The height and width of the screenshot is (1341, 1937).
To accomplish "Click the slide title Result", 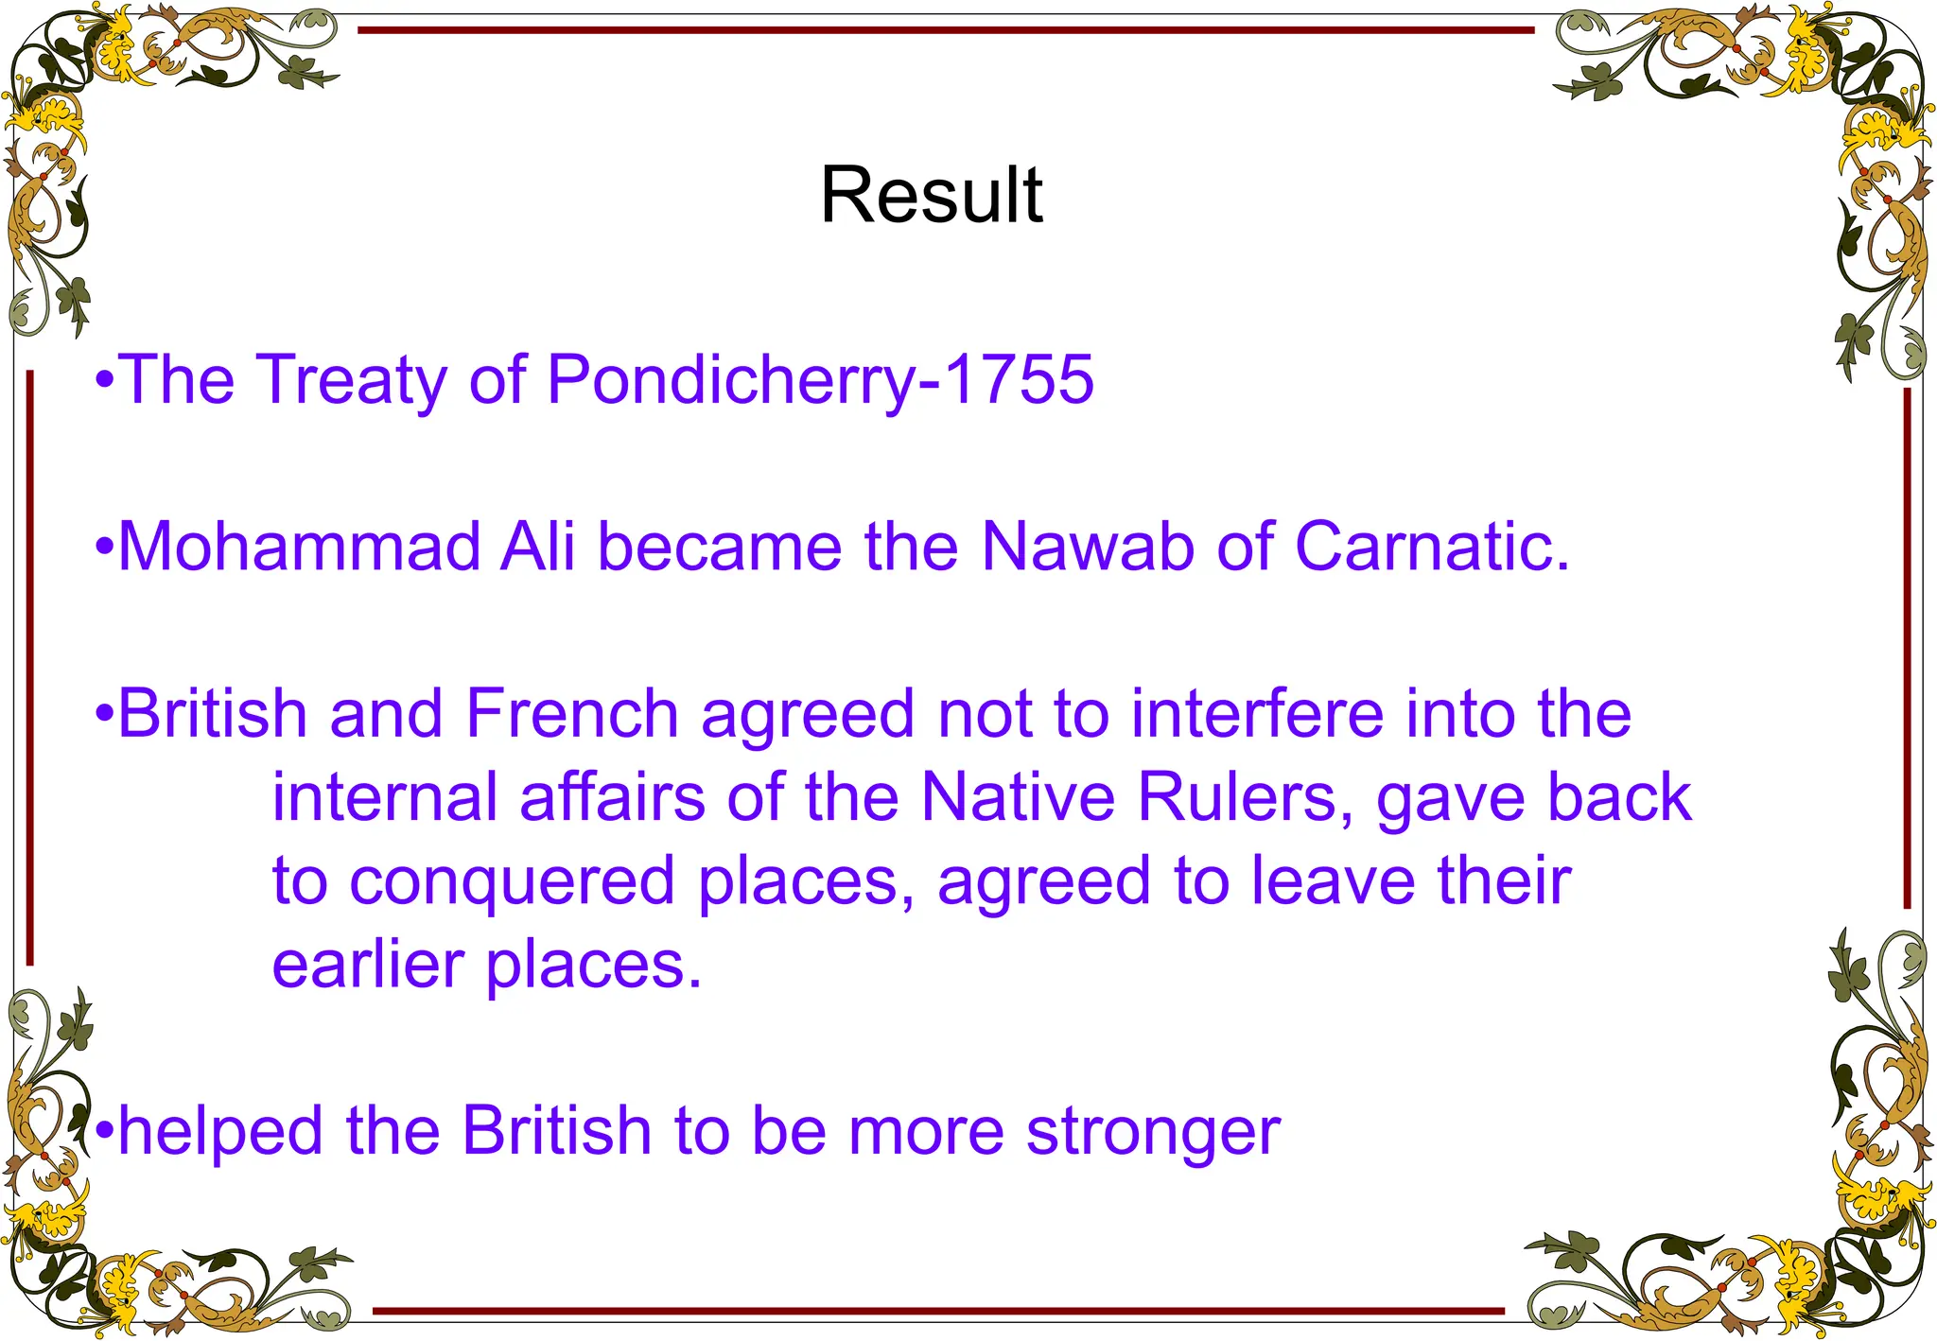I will (931, 195).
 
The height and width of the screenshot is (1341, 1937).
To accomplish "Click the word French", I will (572, 713).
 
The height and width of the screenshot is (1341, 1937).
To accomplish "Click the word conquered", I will (512, 881).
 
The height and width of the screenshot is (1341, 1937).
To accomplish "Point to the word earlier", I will (368, 965).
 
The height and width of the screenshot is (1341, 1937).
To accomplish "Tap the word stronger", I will (1153, 1131).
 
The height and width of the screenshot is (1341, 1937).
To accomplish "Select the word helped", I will (220, 1131).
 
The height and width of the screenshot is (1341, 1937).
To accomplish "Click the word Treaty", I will (351, 380).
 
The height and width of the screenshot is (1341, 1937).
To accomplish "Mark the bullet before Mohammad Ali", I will (105, 549).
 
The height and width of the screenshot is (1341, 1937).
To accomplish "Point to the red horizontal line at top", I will (946, 30).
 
